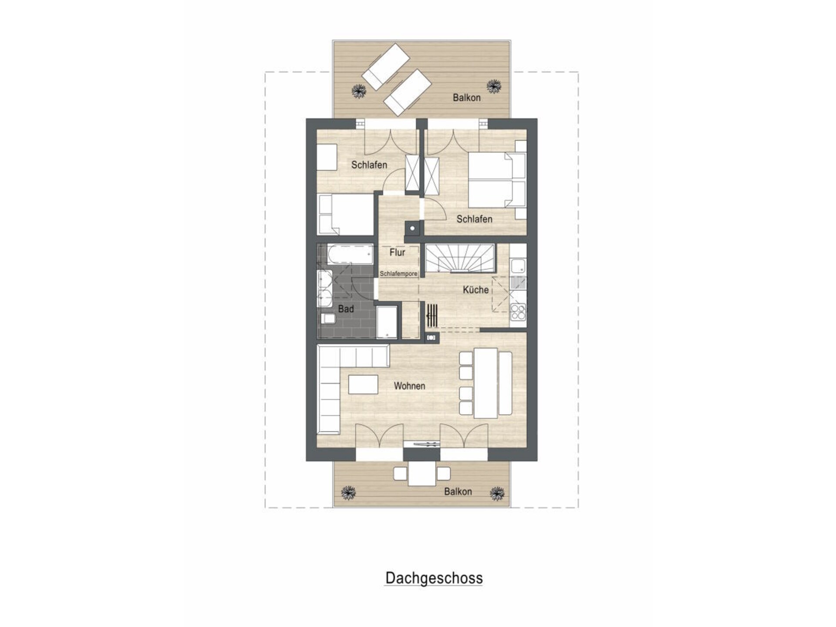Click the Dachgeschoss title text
pos(434,578)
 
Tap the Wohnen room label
pos(409,386)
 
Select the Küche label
pos(475,290)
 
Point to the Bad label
pos(346,309)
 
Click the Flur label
pos(397,252)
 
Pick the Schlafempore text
pos(398,274)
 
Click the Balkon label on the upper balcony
pos(467,98)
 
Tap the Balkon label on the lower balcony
pos(458,492)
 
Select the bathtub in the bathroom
pos(350,254)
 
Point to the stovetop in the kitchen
pos(518,312)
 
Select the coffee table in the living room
pos(363,384)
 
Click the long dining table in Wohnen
pos(485,383)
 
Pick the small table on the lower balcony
pos(422,473)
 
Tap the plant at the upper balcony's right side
pos(494,86)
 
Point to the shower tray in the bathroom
pos(387,322)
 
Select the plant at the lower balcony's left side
pos(348,493)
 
